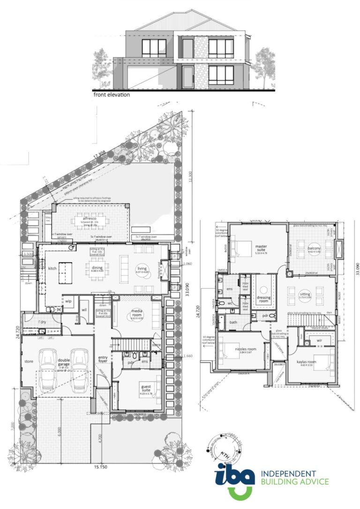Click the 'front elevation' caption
pyautogui.click(x=111, y=94)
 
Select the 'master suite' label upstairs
pyautogui.click(x=261, y=247)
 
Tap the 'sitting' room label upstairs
pyautogui.click(x=305, y=295)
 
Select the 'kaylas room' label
pyautogui.click(x=307, y=362)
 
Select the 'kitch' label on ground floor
pyautogui.click(x=52, y=269)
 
